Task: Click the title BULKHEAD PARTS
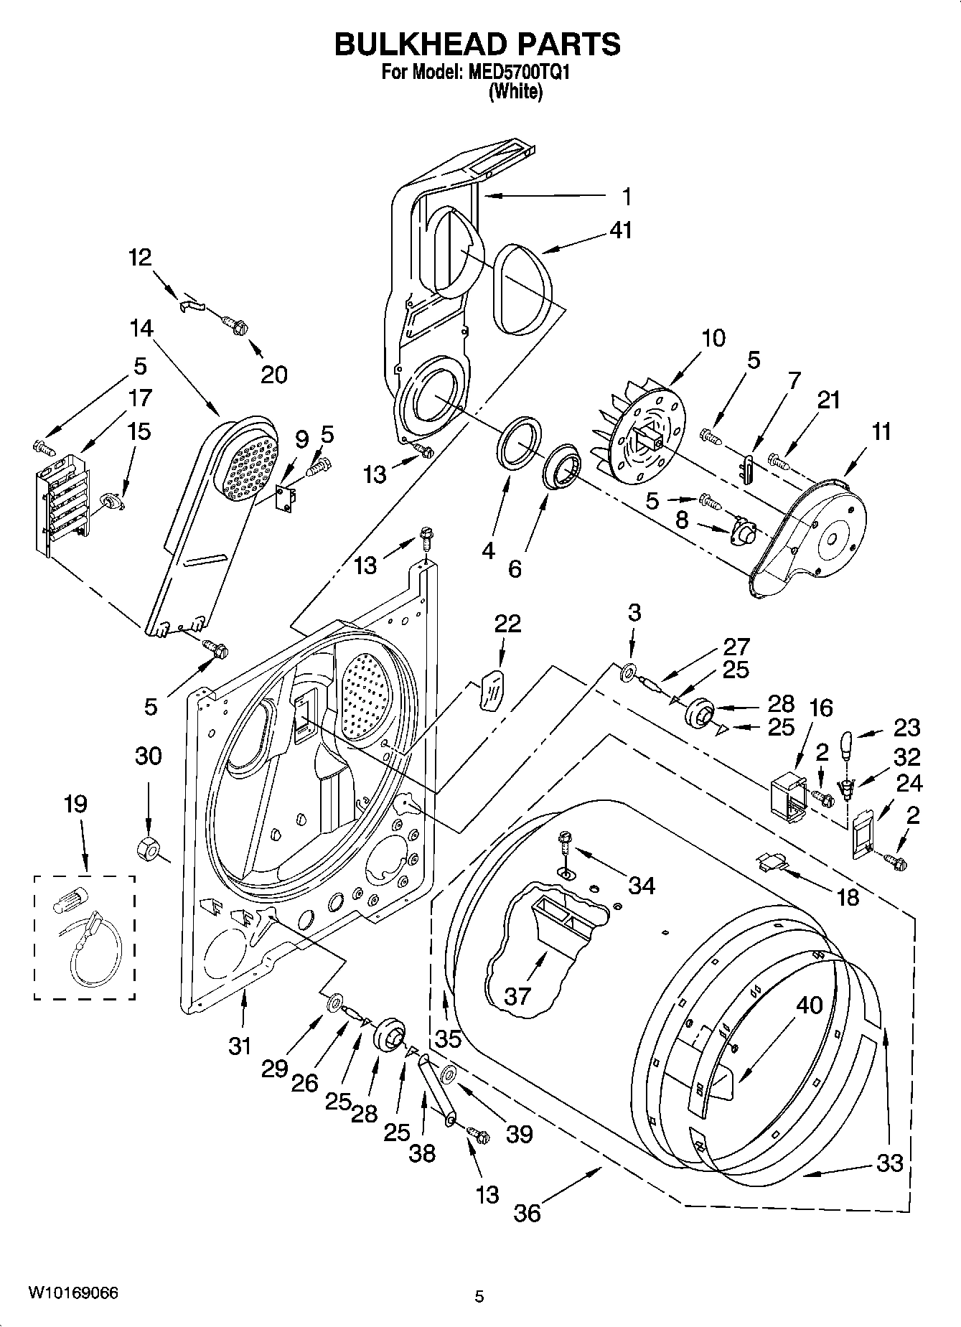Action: [478, 44]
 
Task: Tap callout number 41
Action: [620, 230]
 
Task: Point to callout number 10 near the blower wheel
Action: [713, 338]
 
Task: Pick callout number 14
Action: [141, 329]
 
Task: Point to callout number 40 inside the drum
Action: [809, 1005]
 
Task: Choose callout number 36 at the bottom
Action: [527, 1213]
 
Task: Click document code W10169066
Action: [73, 1293]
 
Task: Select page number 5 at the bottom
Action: [479, 1296]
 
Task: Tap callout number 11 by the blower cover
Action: [881, 431]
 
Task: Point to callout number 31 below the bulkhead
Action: [240, 1046]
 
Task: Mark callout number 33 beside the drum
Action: [889, 1162]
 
